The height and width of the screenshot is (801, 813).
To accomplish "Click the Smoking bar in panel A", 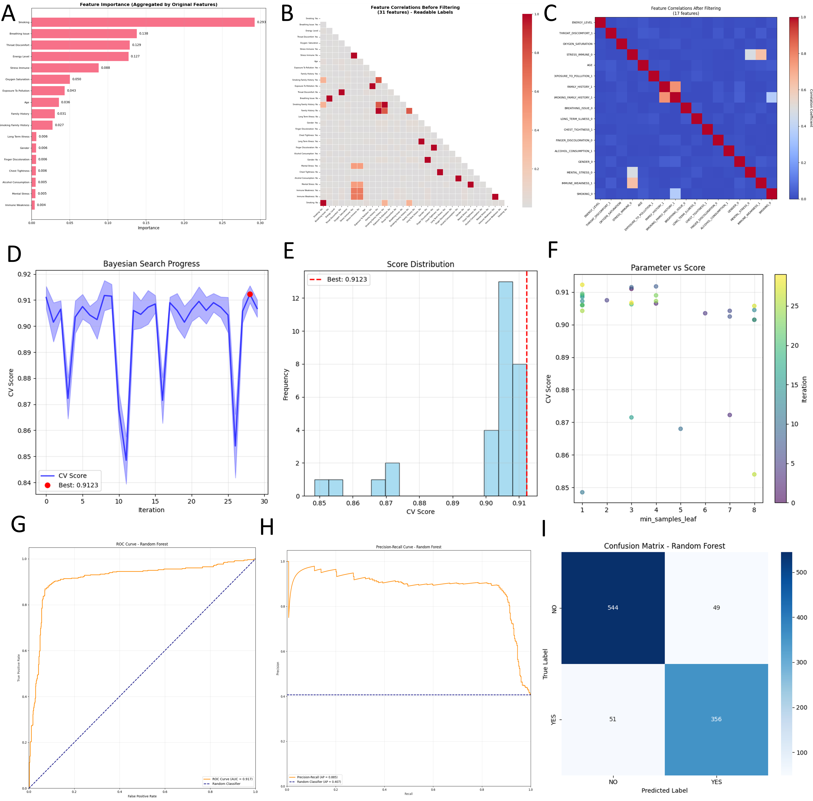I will [143, 22].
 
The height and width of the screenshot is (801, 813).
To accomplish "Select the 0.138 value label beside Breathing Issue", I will [144, 34].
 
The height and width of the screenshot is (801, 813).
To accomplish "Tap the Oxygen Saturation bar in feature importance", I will [50, 79].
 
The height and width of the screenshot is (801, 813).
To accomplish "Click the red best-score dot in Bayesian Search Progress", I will [250, 294].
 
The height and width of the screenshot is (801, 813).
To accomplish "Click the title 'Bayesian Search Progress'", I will [152, 264].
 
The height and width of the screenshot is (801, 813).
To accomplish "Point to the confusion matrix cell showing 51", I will [613, 719].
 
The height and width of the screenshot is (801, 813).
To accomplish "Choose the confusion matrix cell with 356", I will [716, 719].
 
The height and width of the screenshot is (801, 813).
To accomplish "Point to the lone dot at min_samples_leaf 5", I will [681, 429].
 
